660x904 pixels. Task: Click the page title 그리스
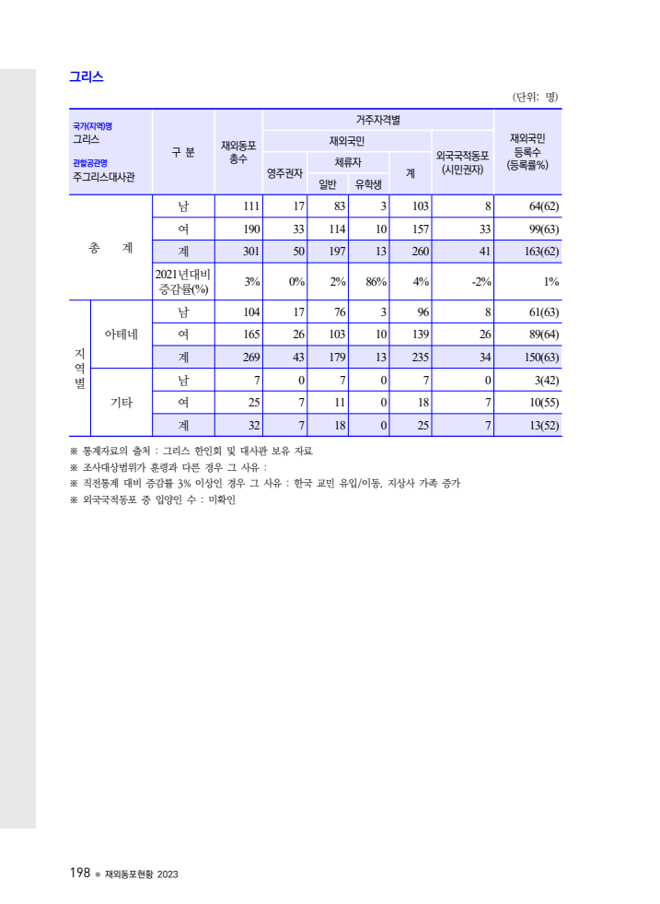(x=87, y=77)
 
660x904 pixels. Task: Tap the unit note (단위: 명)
(x=535, y=97)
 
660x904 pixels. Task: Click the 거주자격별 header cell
(x=378, y=120)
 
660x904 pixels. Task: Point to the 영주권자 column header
(x=285, y=172)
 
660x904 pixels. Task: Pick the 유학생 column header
(x=369, y=183)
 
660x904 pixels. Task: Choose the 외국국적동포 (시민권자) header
(x=462, y=163)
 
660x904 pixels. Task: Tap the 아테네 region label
(x=122, y=334)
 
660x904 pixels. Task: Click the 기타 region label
(x=122, y=403)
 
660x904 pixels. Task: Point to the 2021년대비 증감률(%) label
(x=183, y=282)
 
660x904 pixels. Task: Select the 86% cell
(x=375, y=282)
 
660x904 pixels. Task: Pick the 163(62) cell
(x=538, y=252)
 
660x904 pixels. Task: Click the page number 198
(x=79, y=873)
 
